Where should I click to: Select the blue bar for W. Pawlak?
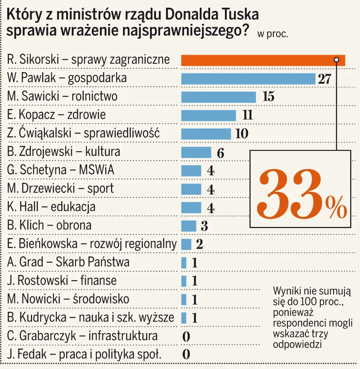[x=248, y=79]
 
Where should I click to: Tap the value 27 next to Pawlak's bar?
[x=325, y=79]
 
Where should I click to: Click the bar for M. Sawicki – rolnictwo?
[x=218, y=97]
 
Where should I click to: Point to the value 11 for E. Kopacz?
[x=247, y=115]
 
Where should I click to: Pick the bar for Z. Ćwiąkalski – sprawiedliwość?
[x=206, y=134]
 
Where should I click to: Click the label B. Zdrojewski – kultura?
[x=64, y=152]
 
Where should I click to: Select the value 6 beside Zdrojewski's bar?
[x=220, y=153]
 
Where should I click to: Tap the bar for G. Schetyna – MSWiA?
[x=191, y=170]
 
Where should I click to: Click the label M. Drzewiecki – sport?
[x=61, y=188]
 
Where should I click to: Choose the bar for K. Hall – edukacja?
[x=191, y=208]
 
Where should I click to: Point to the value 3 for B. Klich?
[x=204, y=226]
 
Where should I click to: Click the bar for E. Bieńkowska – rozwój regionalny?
[x=186, y=244]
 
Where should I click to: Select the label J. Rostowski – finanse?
[x=62, y=281]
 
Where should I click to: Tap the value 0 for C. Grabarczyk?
[x=186, y=337]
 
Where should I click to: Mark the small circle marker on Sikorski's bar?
[x=337, y=59]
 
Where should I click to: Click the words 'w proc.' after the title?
[x=272, y=35]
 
